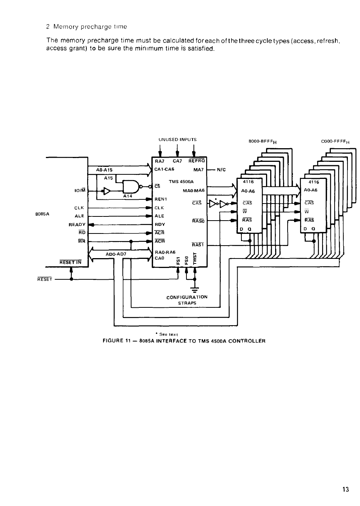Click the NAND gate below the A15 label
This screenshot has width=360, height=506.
[x=131, y=186]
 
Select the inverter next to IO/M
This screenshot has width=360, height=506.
[x=106, y=191]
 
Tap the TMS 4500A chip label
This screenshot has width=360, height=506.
[x=181, y=182]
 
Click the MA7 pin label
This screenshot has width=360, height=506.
[x=198, y=170]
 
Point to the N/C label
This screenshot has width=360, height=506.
[x=221, y=170]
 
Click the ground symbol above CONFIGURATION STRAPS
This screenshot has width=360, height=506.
[x=195, y=289]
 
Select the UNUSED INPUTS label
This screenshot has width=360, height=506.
[x=177, y=139]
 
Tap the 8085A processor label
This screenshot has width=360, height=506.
[x=42, y=214]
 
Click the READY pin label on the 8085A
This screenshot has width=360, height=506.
[x=77, y=224]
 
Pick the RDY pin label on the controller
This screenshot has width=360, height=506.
[x=160, y=224]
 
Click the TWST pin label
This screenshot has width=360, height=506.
[x=195, y=258]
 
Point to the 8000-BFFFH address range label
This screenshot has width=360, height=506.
[x=263, y=141]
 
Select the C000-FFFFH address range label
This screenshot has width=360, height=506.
[x=335, y=141]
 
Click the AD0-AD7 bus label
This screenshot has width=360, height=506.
[x=116, y=254]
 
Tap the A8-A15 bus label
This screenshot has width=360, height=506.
[x=104, y=170]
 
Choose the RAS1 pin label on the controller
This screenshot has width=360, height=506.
[x=198, y=244]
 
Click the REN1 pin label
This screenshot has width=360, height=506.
[x=161, y=199]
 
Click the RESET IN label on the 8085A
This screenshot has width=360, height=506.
[x=70, y=262]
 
